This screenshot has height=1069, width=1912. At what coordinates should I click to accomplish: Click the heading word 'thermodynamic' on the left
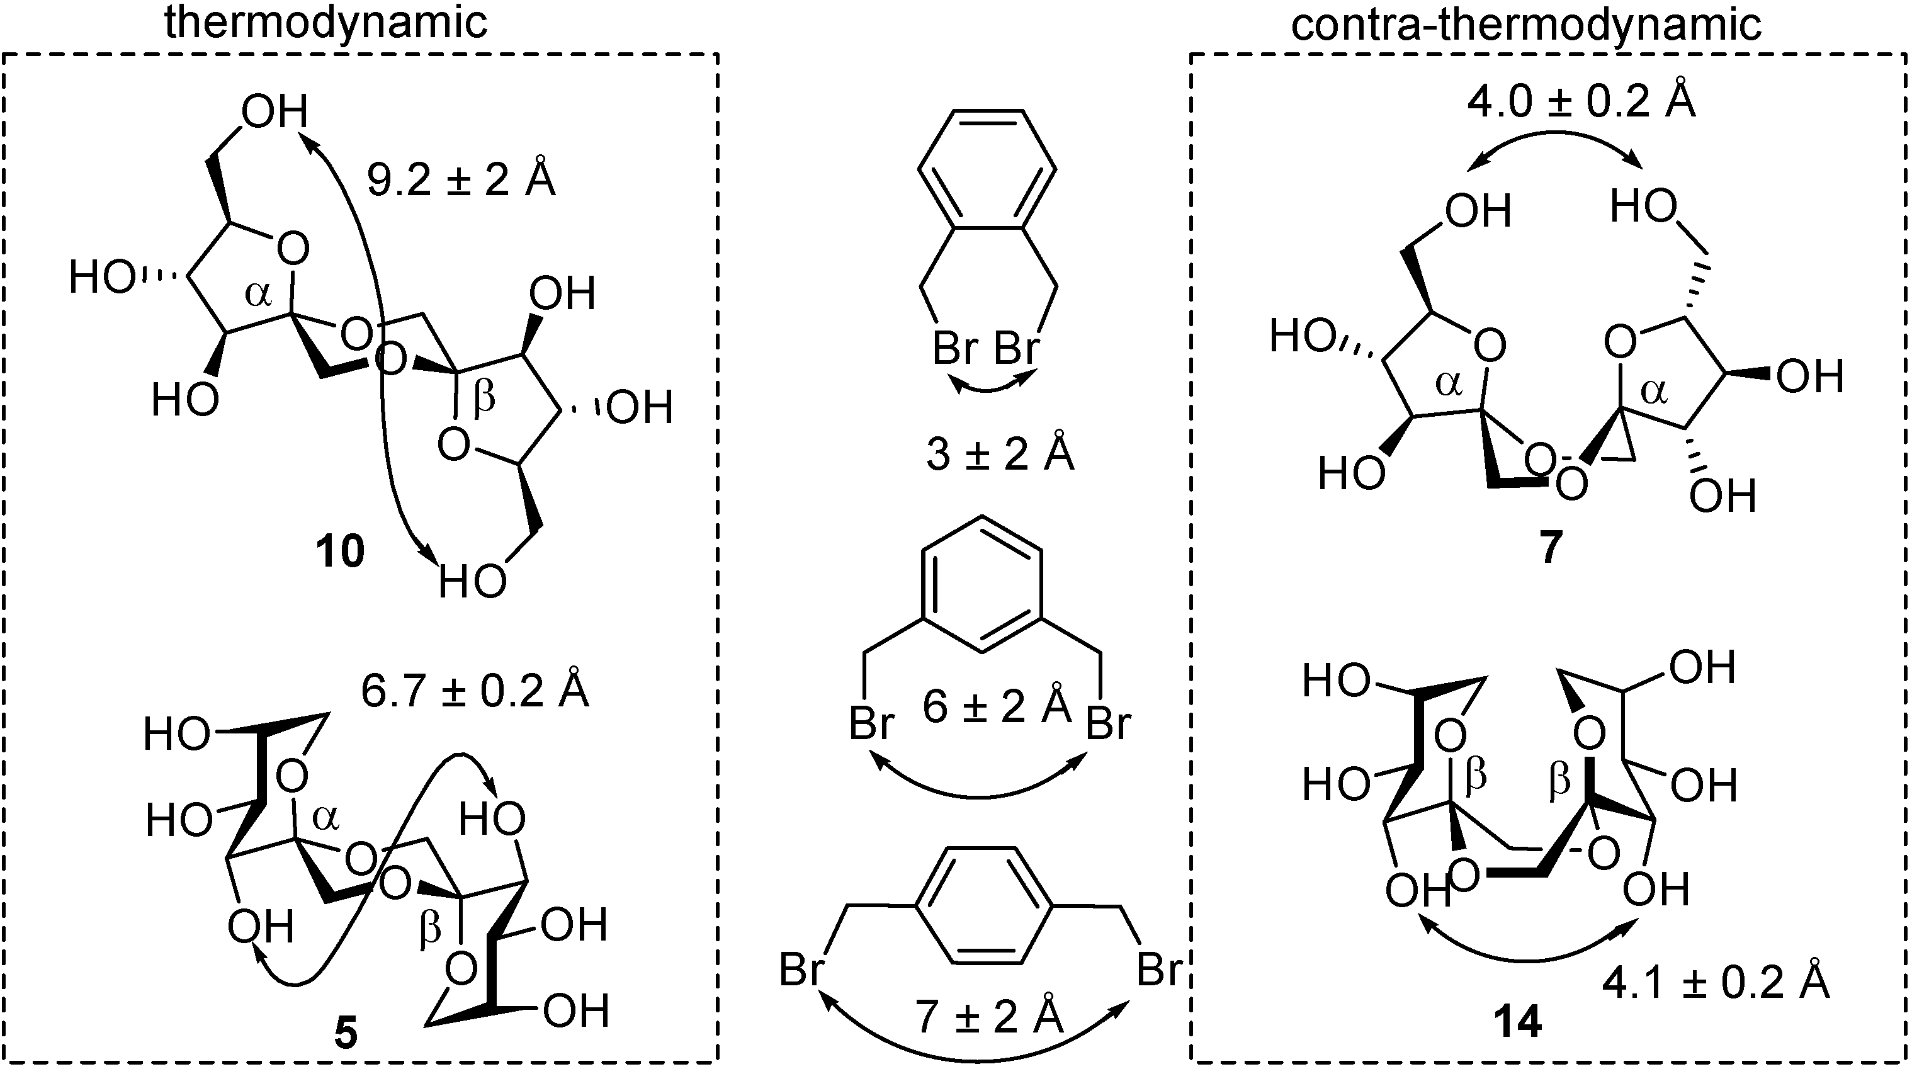[326, 22]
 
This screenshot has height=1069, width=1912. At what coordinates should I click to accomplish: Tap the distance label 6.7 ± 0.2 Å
[475, 689]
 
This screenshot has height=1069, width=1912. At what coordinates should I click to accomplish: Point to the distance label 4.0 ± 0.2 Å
[1581, 101]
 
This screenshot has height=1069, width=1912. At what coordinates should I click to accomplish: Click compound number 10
[340, 551]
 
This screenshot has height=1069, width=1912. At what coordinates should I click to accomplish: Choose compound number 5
[346, 1033]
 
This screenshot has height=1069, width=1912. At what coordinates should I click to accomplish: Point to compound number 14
[1518, 1023]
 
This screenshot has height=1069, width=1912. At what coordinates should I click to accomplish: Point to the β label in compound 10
[484, 399]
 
